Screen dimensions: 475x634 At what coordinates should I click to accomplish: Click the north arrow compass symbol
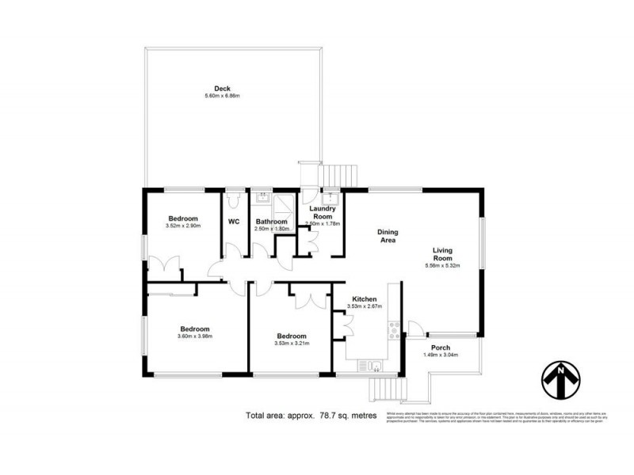point(562,380)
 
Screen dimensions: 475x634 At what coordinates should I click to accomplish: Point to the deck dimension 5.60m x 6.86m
point(222,96)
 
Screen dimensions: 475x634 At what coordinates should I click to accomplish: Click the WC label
point(234,222)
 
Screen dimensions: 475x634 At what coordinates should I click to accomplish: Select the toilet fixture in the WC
point(234,197)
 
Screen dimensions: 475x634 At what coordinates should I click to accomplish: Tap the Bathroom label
point(270,222)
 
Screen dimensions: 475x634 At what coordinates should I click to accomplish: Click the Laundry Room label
point(322,211)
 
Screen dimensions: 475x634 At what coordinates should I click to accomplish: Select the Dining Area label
point(387,235)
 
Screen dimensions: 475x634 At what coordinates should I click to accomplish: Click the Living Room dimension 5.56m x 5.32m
point(442,266)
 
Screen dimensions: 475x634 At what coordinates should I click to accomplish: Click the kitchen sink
point(371,365)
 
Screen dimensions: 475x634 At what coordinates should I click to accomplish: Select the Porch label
point(441,348)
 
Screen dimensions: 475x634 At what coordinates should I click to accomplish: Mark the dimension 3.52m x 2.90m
point(183,226)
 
